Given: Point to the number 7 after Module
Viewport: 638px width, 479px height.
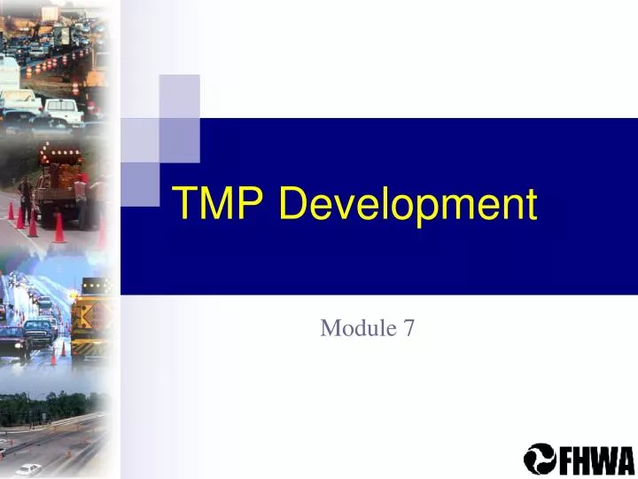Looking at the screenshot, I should click(408, 328).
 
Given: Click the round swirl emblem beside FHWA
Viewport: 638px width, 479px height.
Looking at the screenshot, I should click(540, 459).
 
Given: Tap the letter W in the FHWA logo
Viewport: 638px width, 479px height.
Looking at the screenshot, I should click(603, 459).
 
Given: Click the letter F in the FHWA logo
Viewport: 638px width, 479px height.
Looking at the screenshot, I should click(564, 459).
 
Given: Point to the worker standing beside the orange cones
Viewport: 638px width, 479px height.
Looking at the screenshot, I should click(26, 197).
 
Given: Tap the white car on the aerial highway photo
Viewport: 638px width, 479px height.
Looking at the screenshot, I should click(29, 468).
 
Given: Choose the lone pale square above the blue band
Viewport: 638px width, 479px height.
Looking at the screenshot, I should click(179, 95).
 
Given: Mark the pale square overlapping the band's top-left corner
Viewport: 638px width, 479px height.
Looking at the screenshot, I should click(138, 139).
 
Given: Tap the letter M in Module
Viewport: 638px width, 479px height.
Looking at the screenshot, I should click(330, 328).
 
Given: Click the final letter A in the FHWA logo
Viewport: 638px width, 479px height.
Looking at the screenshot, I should click(624, 459).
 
